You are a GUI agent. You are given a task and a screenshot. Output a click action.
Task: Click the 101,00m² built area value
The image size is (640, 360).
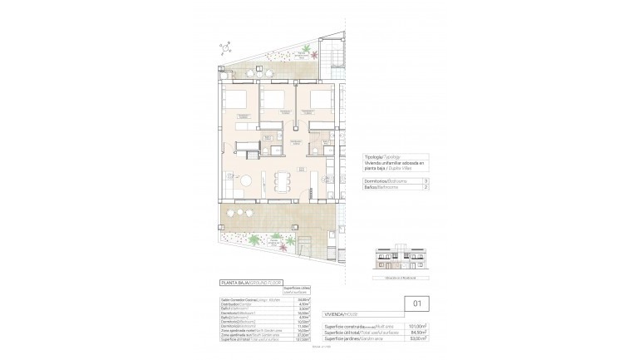(418, 325)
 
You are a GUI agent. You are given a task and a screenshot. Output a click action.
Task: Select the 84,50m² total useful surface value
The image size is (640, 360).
(419, 332)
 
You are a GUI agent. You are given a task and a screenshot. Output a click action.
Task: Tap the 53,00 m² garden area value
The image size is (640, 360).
(419, 338)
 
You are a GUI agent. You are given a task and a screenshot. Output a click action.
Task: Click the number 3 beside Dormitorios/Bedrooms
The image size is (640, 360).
(426, 180)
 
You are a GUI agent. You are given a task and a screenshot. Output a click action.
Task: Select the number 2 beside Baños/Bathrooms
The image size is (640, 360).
(426, 189)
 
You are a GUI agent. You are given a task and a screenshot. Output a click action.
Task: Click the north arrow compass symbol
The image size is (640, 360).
(227, 50)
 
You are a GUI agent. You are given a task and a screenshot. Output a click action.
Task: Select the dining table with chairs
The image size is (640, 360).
(282, 181)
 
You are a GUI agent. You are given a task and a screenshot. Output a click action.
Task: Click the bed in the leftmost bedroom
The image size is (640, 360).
(238, 106)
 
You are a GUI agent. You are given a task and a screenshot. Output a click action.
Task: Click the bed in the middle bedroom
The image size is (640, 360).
(274, 106)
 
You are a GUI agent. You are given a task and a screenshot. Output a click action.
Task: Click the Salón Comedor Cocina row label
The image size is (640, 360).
(242, 300)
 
